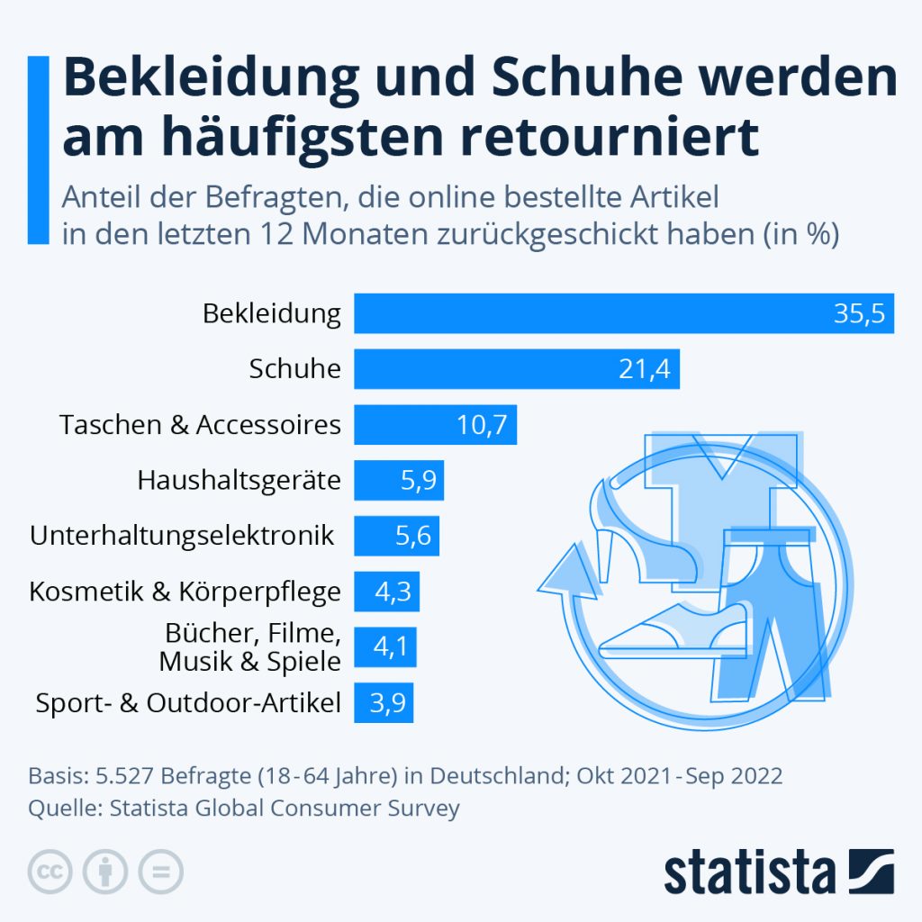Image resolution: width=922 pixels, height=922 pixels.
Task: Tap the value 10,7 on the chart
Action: pos(482,425)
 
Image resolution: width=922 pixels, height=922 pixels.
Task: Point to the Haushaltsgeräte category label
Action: pos(240,481)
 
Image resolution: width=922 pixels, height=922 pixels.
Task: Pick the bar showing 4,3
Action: pos(386,592)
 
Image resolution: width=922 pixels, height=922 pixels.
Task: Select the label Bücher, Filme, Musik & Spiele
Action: pos(251,647)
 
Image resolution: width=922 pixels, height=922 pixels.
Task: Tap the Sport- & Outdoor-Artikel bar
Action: pos(384,703)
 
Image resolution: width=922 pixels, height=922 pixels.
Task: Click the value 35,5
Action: pos(859,314)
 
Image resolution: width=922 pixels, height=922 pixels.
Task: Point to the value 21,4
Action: pos(645,370)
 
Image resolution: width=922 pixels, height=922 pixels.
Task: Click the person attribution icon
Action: pos(105,871)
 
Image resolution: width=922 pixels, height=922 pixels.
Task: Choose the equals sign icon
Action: pos(159,871)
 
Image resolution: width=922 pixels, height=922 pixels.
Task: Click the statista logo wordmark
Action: pos(749,872)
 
